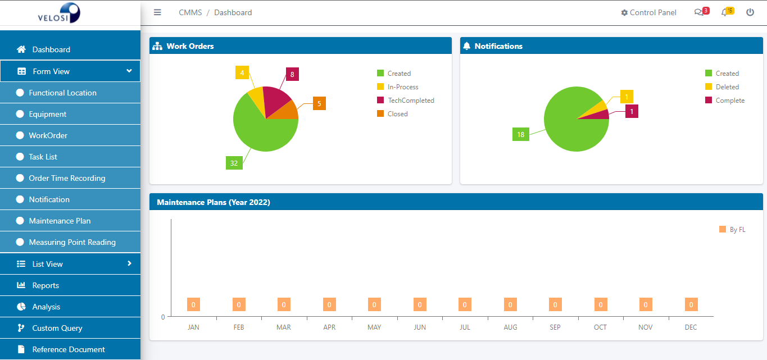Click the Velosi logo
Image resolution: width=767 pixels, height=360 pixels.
59,12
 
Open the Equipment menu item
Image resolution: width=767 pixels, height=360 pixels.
48,114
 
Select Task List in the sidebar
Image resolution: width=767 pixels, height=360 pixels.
43,157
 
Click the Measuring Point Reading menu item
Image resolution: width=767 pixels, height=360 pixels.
72,242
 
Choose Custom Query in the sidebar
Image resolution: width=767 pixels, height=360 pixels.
57,328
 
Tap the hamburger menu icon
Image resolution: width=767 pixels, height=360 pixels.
157,12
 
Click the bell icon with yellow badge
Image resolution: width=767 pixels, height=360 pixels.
725,12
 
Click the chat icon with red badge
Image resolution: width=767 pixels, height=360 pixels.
699,12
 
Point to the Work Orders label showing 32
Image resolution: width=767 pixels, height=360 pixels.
234,163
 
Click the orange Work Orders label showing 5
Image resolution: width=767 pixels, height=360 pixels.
319,103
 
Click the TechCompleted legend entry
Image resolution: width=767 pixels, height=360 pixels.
410,101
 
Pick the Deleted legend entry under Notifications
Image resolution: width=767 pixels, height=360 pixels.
727,87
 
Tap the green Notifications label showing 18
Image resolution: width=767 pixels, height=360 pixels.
521,134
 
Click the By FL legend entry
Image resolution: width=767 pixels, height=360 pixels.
737,229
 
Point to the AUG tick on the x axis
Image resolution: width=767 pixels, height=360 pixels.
510,327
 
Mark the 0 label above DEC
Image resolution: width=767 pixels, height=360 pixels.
691,305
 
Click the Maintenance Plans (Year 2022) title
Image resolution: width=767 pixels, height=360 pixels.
214,202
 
